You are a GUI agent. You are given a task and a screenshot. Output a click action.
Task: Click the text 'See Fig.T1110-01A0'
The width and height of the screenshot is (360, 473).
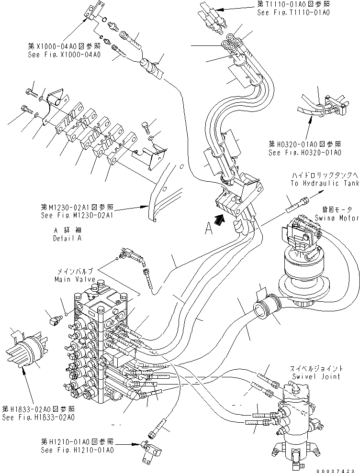(x=293, y=13)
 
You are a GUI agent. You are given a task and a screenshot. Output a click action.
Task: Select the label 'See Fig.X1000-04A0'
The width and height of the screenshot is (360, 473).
(x=64, y=55)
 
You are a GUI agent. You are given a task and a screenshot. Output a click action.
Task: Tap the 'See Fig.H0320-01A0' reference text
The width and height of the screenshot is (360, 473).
(x=304, y=153)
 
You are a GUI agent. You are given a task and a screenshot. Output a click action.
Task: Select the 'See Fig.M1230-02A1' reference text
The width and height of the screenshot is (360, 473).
(x=77, y=216)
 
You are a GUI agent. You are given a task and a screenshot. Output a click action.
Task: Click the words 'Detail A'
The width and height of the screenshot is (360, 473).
(x=67, y=238)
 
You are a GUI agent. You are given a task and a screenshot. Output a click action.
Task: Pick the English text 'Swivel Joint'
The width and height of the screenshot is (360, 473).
(x=316, y=376)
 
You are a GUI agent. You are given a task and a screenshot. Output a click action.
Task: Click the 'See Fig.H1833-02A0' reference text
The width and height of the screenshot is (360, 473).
(x=38, y=417)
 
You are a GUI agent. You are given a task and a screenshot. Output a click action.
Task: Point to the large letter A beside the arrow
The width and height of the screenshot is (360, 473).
(x=207, y=230)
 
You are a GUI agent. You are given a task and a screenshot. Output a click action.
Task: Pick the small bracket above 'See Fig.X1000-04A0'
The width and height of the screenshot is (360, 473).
(x=94, y=11)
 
